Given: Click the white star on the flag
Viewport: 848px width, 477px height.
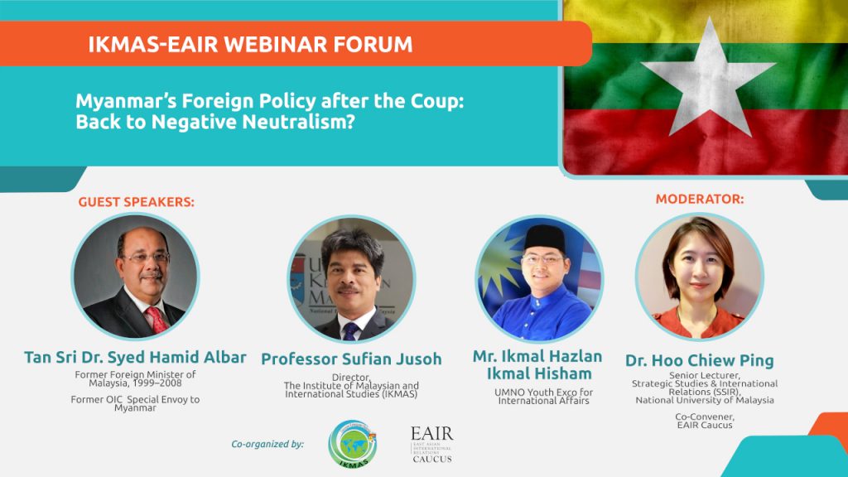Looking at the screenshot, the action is coord(708,81).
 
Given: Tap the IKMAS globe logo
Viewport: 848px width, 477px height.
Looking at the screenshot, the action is coord(353,444).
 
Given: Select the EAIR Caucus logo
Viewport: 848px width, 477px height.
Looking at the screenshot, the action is coord(432,445).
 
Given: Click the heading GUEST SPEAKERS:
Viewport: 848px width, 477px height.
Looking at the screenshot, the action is coord(137,202).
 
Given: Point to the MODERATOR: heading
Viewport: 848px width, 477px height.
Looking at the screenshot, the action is coord(700,199).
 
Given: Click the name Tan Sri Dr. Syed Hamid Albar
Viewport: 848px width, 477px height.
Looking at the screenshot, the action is coord(135,358).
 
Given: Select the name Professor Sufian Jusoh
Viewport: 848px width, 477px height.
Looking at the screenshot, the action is coord(351,359).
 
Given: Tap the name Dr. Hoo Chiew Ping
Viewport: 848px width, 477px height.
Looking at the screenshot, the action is coord(700,361).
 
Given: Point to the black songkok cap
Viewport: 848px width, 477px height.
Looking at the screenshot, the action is coord(545,238).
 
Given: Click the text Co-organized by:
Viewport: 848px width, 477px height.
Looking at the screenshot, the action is coord(267,444).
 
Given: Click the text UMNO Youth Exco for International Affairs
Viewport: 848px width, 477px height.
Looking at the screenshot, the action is coord(543,397).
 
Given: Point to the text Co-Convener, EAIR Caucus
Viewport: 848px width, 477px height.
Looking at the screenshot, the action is coord(705,421).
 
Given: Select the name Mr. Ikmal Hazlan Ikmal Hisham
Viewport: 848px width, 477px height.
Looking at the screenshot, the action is coord(537,364).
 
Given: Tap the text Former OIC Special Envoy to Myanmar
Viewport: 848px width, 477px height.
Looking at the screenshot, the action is coord(135,403).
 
